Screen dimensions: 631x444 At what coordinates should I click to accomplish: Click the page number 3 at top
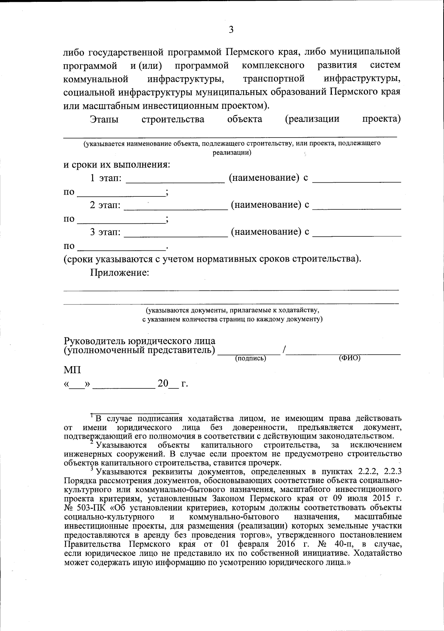pos(231,30)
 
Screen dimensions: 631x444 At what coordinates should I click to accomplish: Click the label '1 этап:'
pos(106,178)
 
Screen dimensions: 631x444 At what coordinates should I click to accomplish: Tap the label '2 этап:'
pos(105,205)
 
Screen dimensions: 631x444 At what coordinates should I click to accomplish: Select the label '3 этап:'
pos(105,232)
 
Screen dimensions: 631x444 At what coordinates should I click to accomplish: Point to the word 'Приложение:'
pos(120,273)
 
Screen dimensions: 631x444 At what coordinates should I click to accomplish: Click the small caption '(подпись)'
pos(251,358)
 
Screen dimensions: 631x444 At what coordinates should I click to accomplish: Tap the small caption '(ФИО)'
pos(349,358)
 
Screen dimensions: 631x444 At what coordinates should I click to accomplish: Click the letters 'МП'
pos(72,370)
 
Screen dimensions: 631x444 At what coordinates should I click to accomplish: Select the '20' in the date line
pos(163,384)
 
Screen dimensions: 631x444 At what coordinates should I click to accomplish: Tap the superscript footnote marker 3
pos(92,468)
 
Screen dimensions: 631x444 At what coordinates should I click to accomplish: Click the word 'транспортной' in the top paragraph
pos(274,79)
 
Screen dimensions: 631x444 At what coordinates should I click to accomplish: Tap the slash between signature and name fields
pos(284,350)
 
